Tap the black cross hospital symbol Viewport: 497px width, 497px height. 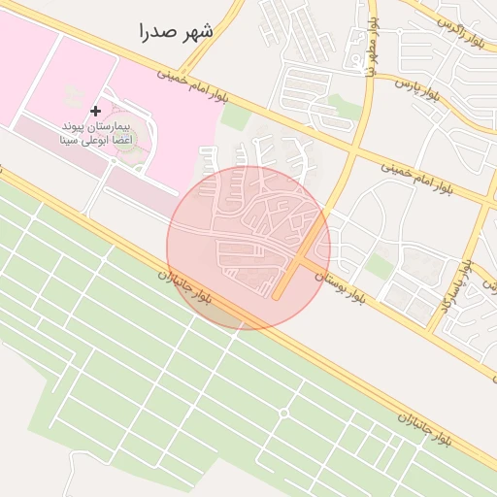[x=95, y=112]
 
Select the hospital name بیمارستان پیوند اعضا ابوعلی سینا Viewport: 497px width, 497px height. [x=97, y=134]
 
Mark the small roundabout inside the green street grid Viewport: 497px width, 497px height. [x=283, y=414]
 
